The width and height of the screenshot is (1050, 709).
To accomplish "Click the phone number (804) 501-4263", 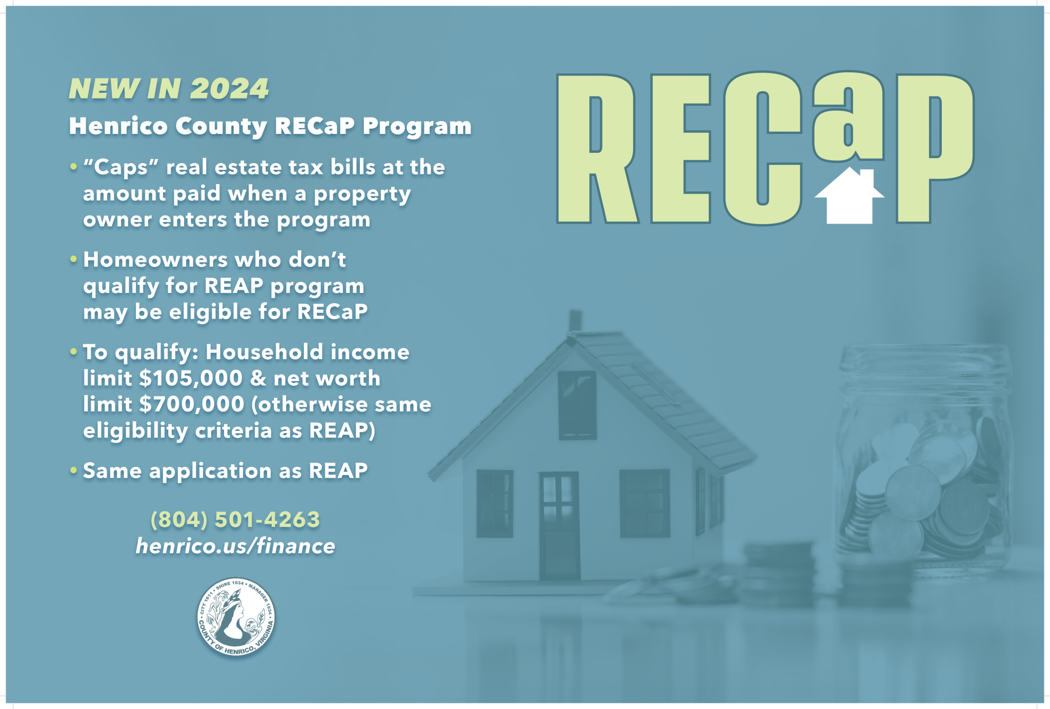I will coord(235,520).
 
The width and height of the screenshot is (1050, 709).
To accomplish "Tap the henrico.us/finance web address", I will coord(235,546).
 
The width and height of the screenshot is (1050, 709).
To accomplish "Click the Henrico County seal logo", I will coord(236,617).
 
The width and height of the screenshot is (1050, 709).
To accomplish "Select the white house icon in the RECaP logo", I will coord(849,198).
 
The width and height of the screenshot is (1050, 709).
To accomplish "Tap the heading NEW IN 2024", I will coord(169,89).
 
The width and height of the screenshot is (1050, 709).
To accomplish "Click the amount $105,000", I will coord(191,379).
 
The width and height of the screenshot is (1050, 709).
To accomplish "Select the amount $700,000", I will coord(192,405).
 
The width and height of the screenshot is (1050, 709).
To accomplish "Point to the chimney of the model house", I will coord(575,321).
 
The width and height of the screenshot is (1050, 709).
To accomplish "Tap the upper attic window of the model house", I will coord(577,405).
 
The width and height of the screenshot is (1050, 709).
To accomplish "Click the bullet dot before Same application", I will coord(74,470).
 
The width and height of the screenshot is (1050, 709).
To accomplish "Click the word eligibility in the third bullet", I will coord(135,431).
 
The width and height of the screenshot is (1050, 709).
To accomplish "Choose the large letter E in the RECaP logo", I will coord(680,149).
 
